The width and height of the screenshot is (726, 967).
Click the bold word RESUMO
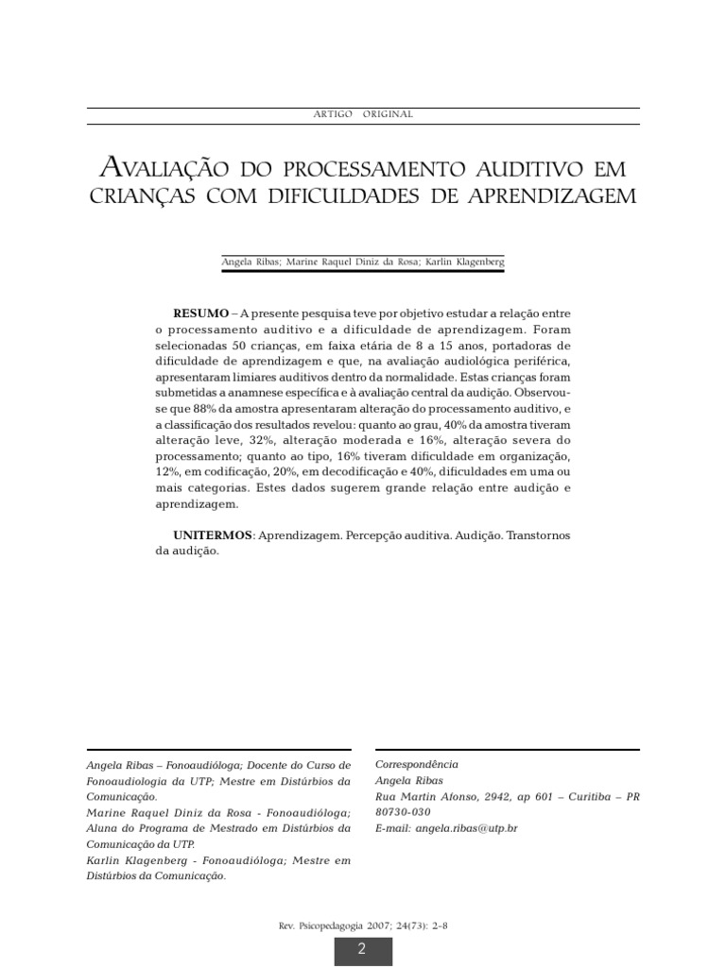(x=200, y=313)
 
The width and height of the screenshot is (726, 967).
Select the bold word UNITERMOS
(x=213, y=535)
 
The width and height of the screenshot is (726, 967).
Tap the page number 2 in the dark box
(x=361, y=949)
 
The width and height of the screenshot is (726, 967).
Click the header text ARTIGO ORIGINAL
(x=362, y=114)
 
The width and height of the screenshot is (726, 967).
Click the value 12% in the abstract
(x=167, y=471)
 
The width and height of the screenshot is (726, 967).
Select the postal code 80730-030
(x=403, y=812)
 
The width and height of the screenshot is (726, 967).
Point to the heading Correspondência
(x=417, y=764)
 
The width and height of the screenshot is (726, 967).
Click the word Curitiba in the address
(x=590, y=796)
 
